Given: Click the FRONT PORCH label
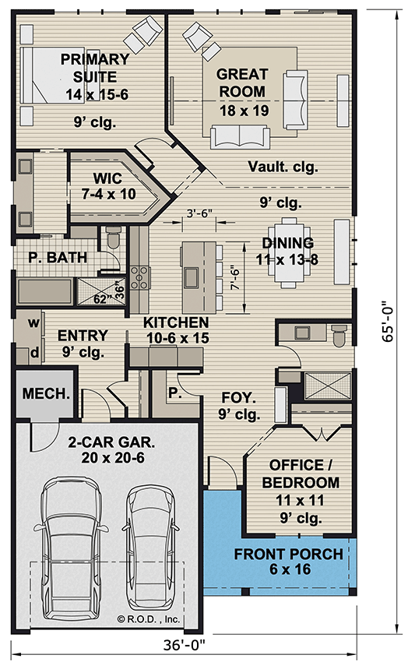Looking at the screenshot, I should [289, 555].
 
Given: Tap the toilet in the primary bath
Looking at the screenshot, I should [114, 238].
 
